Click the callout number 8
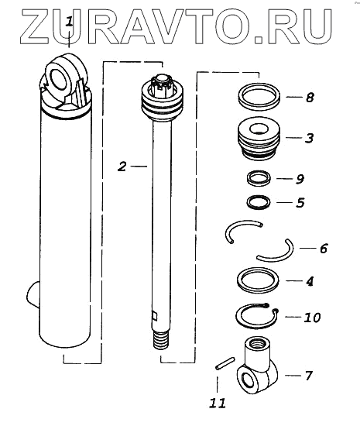click(x=310, y=98)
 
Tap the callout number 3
click(x=309, y=138)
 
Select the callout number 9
click(x=300, y=179)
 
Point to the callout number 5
click(x=300, y=203)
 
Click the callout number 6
click(x=324, y=249)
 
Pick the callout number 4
click(x=310, y=281)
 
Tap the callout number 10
click(x=312, y=318)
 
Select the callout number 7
click(x=308, y=376)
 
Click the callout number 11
click(x=218, y=404)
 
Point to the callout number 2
click(x=122, y=167)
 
